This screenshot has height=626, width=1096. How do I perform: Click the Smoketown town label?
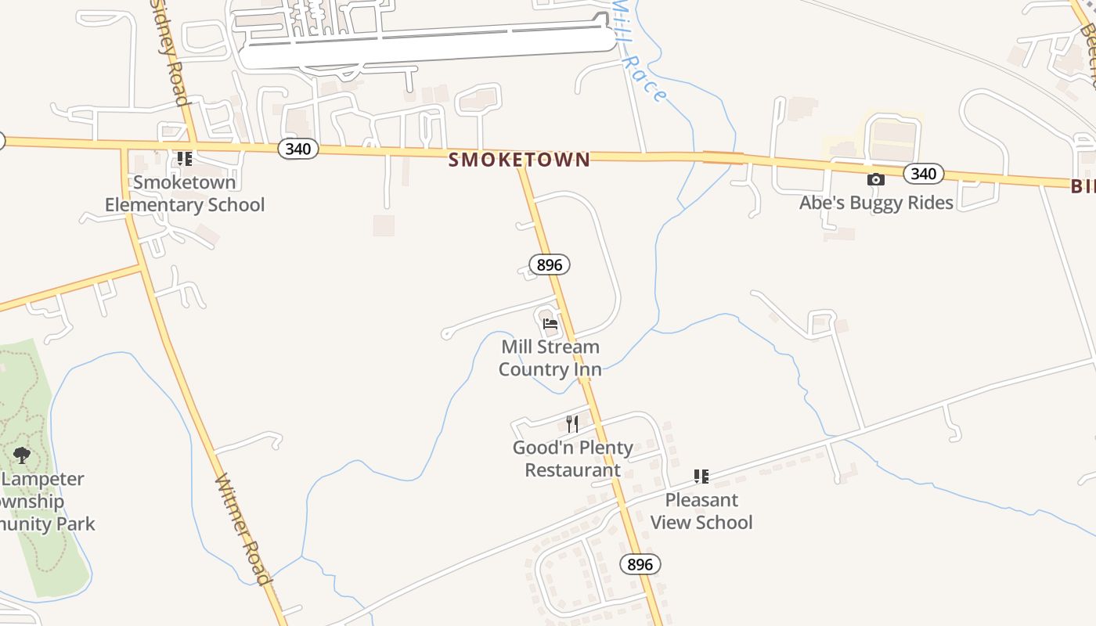click(x=519, y=160)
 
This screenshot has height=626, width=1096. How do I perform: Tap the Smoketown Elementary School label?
click(x=185, y=193)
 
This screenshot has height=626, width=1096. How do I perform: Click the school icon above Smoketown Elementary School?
click(x=185, y=159)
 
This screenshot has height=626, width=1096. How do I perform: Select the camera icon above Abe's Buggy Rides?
click(x=876, y=179)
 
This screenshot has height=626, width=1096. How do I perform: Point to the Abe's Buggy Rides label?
click(x=876, y=203)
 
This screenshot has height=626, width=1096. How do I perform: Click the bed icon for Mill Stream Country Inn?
click(x=550, y=323)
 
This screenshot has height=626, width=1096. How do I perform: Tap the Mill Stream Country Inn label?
click(x=550, y=358)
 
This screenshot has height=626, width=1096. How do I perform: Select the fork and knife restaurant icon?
click(x=572, y=424)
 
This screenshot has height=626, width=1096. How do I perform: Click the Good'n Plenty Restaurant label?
click(x=572, y=459)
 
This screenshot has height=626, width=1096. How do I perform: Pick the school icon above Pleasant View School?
click(x=701, y=476)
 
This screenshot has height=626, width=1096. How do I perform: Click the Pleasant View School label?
click(x=701, y=511)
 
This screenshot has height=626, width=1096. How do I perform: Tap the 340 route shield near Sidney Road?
click(x=297, y=149)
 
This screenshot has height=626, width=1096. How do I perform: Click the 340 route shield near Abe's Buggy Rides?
click(x=924, y=174)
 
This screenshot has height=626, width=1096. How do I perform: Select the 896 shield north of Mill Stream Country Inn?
click(x=550, y=264)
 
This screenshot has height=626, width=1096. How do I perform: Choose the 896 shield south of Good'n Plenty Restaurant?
click(x=640, y=563)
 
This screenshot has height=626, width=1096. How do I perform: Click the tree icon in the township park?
click(x=22, y=454)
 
